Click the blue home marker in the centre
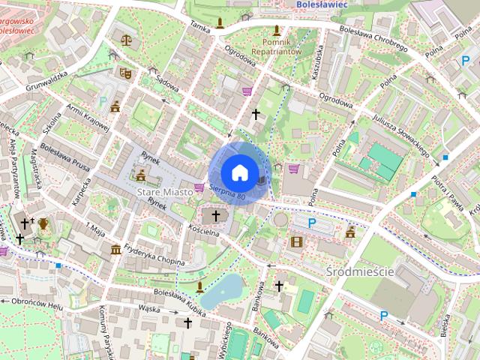coord(239,172)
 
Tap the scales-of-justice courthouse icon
coord(125,38)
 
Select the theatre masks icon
coord(125,73)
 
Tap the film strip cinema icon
coord(298,241)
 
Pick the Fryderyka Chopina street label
coord(155,251)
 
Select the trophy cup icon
coord(44,223)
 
